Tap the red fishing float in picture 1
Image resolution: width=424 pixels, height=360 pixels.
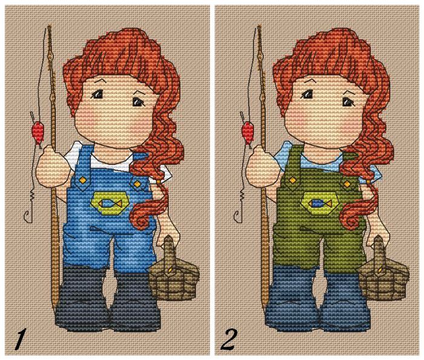(38, 131)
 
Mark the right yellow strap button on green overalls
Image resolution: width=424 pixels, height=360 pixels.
(346, 184)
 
